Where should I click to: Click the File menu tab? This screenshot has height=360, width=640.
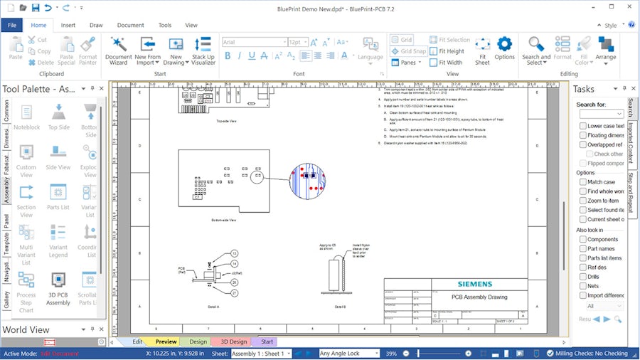pyautogui.click(x=12, y=25)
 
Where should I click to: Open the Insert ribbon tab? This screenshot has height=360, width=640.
pyautogui.click(x=68, y=25)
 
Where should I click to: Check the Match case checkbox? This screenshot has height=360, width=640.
pyautogui.click(x=583, y=182)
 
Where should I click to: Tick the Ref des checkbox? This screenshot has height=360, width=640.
pyautogui.click(x=583, y=268)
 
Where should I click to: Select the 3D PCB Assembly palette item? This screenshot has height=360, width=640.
pyautogui.click(x=58, y=288)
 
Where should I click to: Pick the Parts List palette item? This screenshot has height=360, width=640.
pyautogui.click(x=58, y=197)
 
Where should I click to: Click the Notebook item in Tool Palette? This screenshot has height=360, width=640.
pyautogui.click(x=27, y=117)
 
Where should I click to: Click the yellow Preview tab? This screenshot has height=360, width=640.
pyautogui.click(x=166, y=342)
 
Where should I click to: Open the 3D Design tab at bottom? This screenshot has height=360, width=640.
pyautogui.click(x=230, y=342)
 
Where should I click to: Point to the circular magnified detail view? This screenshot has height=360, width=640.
pyautogui.click(x=306, y=180)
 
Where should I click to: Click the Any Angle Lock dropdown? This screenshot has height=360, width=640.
pyautogui.click(x=348, y=354)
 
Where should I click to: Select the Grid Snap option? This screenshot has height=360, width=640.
pyautogui.click(x=409, y=51)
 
